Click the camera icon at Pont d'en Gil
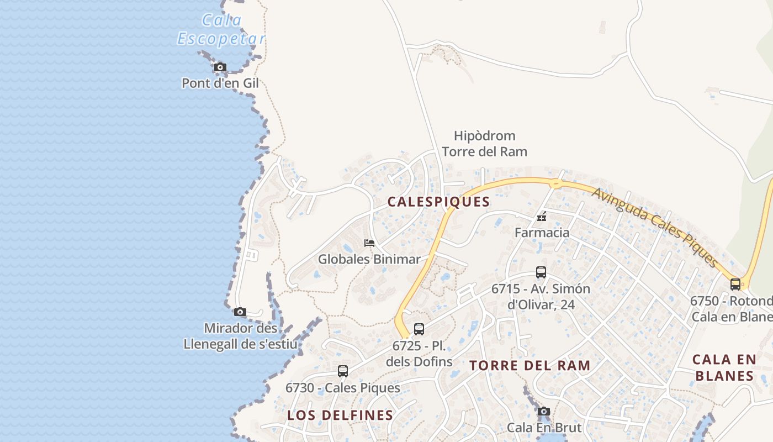220,67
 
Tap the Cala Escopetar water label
221,30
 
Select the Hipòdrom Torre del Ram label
484,144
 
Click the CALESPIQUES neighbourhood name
438,202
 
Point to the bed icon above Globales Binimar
369,243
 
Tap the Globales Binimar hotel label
369,259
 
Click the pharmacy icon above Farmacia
542,217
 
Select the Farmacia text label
542,233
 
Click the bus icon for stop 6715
541,272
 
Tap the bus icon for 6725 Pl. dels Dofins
419,329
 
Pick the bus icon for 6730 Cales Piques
343,371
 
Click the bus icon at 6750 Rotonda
735,285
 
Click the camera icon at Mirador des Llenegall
240,312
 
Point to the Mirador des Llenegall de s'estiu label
240,336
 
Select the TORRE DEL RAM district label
530,366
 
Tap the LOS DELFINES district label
340,415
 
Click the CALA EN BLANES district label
724,368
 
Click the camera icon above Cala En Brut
544,411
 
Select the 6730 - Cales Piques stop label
343,388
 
